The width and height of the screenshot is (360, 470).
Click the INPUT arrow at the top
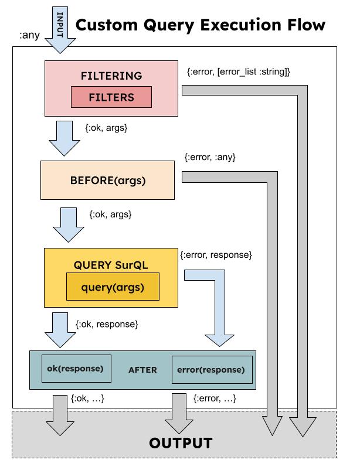(x=60, y=29)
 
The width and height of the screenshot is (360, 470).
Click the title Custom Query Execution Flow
(x=201, y=25)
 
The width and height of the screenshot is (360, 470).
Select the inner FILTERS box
(x=111, y=97)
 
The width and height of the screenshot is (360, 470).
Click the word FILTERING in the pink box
(x=111, y=76)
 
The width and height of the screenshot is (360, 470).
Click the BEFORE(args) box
(x=108, y=180)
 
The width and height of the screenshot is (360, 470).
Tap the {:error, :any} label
(x=209, y=157)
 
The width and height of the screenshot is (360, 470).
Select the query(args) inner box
(x=112, y=287)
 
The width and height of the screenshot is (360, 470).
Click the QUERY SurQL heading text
(x=111, y=265)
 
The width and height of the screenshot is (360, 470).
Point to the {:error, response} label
(x=216, y=255)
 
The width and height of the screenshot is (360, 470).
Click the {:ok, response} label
(x=107, y=323)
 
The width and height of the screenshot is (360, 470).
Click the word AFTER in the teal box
(x=142, y=370)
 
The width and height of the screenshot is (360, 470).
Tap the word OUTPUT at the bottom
(x=180, y=443)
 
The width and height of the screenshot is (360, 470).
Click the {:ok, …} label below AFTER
(x=87, y=399)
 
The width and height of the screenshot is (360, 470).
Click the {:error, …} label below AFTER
(x=215, y=399)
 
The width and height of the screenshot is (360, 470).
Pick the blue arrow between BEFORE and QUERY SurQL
(x=69, y=224)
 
